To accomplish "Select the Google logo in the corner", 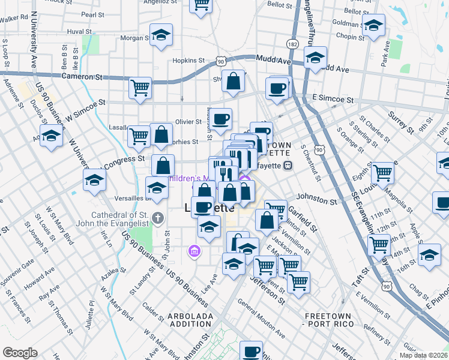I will click(20, 353).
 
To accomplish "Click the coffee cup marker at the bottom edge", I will click(252, 352).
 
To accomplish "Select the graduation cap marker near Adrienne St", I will click(52, 137).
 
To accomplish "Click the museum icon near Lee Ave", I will click(194, 250).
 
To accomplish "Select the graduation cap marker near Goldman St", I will click(373, 26).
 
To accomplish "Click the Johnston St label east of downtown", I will click(317, 200).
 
